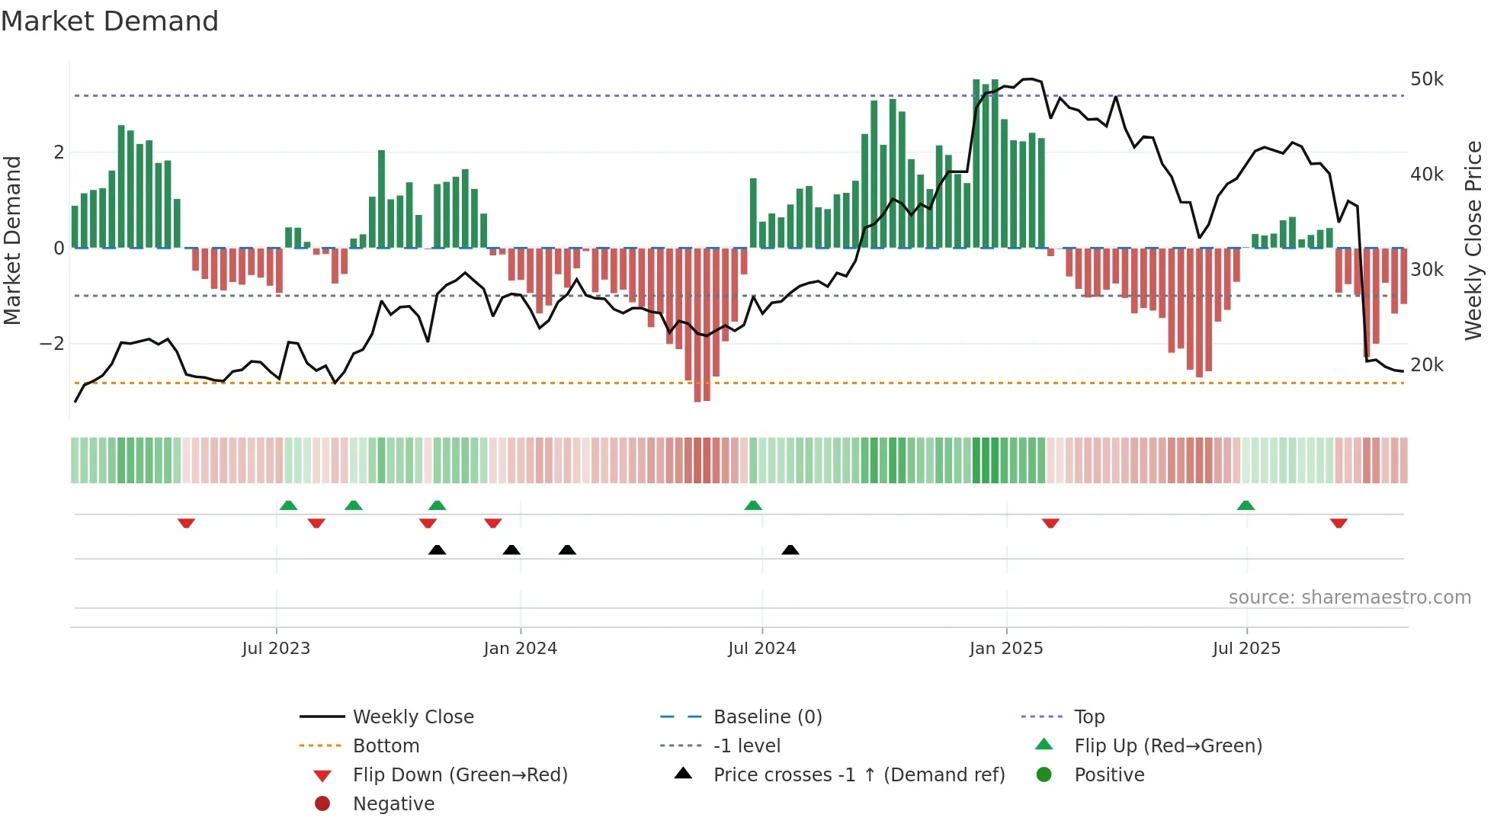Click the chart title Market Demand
pyautogui.click(x=110, y=21)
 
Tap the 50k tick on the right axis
pyautogui.click(x=1426, y=79)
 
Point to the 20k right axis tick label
pyautogui.click(x=1426, y=365)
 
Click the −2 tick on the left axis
pyautogui.click(x=52, y=344)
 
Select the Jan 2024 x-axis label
pyautogui.click(x=520, y=649)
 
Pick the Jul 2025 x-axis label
pyautogui.click(x=1246, y=649)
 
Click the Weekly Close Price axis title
pyautogui.click(x=1473, y=240)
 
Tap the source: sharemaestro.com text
pyautogui.click(x=1349, y=598)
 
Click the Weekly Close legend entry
pyautogui.click(x=412, y=717)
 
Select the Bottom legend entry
pyautogui.click(x=386, y=746)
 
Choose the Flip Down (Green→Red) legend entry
pyautogui.click(x=460, y=775)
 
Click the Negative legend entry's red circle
pyautogui.click(x=322, y=804)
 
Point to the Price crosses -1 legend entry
pyautogui.click(x=858, y=775)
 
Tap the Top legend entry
pyautogui.click(x=1088, y=717)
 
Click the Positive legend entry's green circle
pyautogui.click(x=1044, y=775)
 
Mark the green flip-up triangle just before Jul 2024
pyautogui.click(x=753, y=505)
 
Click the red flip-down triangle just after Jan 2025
pyautogui.click(x=1050, y=523)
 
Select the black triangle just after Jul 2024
pyautogui.click(x=790, y=550)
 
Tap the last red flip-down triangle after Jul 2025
pyautogui.click(x=1339, y=523)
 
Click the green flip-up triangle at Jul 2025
pyautogui.click(x=1246, y=505)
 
